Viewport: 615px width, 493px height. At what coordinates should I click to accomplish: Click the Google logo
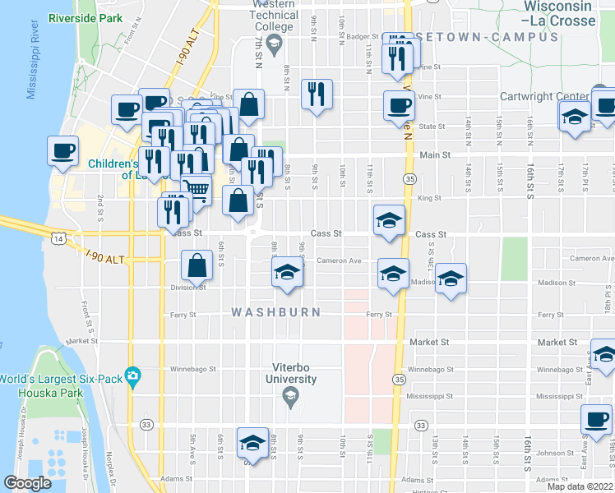coord(28,483)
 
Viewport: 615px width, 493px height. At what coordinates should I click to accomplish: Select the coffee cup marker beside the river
coord(62,151)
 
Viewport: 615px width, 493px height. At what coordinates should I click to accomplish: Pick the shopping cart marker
coord(196,190)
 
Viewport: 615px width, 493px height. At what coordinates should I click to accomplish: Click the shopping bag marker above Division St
coord(197,265)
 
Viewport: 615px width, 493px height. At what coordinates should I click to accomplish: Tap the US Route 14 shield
coord(55,238)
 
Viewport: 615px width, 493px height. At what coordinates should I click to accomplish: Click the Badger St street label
coord(362,36)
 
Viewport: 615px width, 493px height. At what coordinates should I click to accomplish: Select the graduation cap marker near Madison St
coord(451,279)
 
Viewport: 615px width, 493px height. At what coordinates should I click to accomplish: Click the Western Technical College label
coord(273,16)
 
